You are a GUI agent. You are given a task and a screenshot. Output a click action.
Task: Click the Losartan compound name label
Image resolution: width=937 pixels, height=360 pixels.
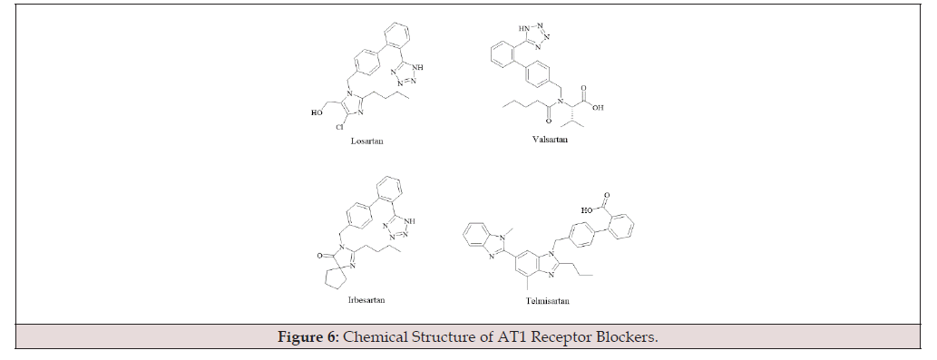pyautogui.click(x=367, y=141)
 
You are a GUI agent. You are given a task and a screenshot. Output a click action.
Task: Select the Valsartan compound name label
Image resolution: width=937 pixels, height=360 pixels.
pyautogui.click(x=550, y=140)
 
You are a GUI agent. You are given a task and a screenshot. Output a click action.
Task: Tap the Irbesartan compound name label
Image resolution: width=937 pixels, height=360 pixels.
pyautogui.click(x=366, y=300)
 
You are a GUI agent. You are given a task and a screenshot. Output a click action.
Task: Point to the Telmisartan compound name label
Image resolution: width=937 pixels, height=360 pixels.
pyautogui.click(x=547, y=301)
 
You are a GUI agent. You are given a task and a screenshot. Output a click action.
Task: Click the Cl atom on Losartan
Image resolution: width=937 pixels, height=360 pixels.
pyautogui.click(x=339, y=127)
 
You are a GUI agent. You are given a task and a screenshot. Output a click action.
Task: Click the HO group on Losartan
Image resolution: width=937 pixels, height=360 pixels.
pyautogui.click(x=317, y=112)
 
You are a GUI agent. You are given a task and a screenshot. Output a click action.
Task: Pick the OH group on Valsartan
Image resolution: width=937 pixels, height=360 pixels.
pyautogui.click(x=598, y=108)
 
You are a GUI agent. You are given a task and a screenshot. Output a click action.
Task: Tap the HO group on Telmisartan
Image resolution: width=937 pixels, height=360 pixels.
pyautogui.click(x=587, y=210)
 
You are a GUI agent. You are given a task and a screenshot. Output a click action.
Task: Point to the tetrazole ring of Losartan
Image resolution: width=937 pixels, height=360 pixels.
pyautogui.click(x=404, y=74)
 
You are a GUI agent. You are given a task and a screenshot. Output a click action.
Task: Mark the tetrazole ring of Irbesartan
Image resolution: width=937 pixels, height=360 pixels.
pyautogui.click(x=396, y=229)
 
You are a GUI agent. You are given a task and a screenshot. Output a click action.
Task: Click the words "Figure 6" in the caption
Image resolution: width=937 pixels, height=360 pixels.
pyautogui.click(x=308, y=336)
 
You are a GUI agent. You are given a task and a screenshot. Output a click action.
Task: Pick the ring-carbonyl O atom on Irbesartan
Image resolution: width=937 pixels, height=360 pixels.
pyautogui.click(x=319, y=256)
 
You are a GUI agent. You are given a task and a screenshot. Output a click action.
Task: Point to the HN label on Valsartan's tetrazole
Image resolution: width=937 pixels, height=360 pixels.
pyautogui.click(x=523, y=28)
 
